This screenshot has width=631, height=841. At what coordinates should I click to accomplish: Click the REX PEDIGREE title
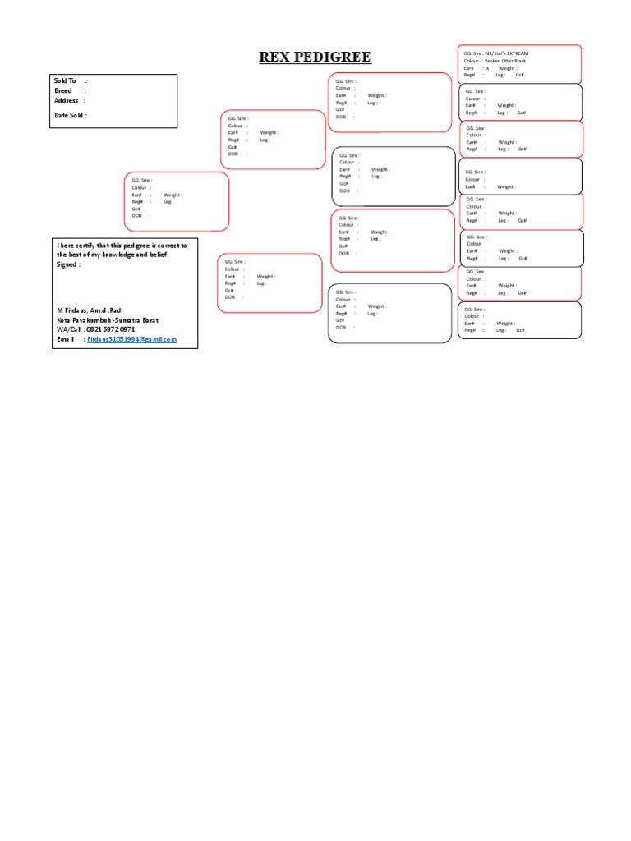click(315, 57)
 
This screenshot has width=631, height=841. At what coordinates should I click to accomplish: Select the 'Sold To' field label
click(65, 81)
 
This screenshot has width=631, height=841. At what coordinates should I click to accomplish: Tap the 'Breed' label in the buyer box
click(63, 90)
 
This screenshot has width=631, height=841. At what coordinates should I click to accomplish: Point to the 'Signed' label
click(67, 264)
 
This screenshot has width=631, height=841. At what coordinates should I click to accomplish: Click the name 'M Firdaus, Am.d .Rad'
click(88, 310)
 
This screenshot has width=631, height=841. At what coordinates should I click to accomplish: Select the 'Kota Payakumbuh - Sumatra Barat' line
click(107, 319)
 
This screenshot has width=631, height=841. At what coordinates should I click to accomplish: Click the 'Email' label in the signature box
click(65, 339)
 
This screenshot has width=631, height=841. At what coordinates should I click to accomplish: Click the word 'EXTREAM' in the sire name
click(518, 53)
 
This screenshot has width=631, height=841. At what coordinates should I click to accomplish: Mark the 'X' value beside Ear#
click(486, 68)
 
